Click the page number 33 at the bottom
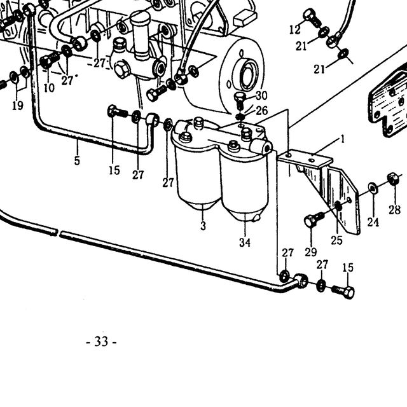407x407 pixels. (101, 341)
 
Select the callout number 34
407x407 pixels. (245, 243)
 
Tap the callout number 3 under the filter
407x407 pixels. (203, 226)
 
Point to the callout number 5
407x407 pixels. (77, 161)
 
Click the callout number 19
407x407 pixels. (18, 106)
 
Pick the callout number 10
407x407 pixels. (49, 88)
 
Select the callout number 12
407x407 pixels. (295, 30)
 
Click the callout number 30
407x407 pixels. (261, 95)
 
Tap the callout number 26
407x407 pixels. (261, 111)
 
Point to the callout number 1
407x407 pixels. (343, 139)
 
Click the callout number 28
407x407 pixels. (394, 209)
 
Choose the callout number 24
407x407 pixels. (373, 222)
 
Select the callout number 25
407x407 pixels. (336, 240)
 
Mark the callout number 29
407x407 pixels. (311, 252)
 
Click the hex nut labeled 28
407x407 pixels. (394, 179)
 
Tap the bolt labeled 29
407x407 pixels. (314, 219)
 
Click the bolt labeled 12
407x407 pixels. (312, 18)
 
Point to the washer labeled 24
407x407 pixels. (373, 188)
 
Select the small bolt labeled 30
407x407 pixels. (240, 100)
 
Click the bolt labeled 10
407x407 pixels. (50, 60)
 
